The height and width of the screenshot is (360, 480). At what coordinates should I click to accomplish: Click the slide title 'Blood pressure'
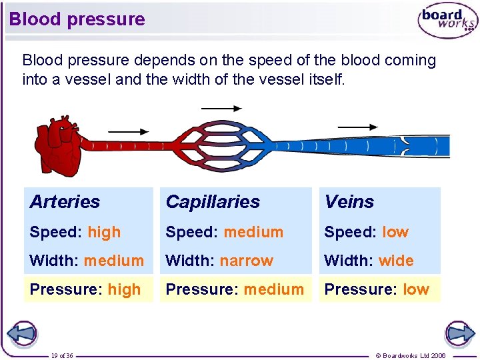pos(77,19)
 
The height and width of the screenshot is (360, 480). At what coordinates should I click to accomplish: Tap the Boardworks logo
pos(447,21)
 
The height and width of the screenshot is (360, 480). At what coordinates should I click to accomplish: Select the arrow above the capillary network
pos(221,108)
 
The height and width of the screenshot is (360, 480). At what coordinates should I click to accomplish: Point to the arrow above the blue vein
pos(357,127)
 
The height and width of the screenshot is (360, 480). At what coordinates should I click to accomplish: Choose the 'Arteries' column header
pos(65,201)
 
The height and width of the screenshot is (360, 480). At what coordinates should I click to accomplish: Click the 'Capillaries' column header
pos(213,201)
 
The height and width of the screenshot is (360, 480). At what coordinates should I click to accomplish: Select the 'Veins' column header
pos(349,201)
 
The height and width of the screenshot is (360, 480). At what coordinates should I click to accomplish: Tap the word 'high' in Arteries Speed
pos(104,233)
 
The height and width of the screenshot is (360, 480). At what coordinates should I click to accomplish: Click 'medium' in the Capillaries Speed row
pos(253,233)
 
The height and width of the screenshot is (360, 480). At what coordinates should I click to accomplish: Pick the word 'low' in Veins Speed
pos(395,233)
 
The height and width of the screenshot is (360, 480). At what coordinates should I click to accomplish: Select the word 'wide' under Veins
pos(396,261)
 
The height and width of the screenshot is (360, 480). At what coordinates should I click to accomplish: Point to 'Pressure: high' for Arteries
pos(85,289)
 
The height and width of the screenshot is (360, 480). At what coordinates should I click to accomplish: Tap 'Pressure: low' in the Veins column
pos(377,289)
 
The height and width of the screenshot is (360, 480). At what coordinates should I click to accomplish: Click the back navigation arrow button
pos(22,333)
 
